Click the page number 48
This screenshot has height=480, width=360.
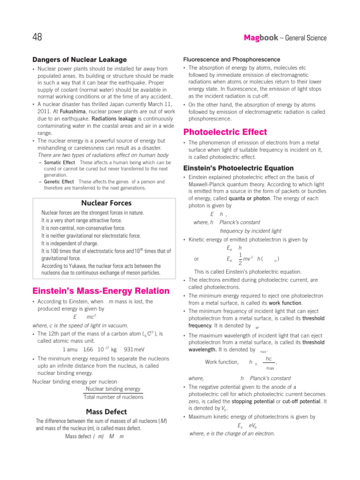[x=37, y=37]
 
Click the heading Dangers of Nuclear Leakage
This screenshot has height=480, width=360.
[x=79, y=60]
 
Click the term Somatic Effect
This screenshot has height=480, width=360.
[x=60, y=162]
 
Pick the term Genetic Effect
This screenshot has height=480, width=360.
[x=59, y=181]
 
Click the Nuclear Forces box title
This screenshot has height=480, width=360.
[x=106, y=203]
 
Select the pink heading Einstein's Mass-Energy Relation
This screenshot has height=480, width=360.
[x=101, y=291]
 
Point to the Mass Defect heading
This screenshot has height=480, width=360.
[x=106, y=412]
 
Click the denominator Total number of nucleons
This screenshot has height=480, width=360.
[x=113, y=397]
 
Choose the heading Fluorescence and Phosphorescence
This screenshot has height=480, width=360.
[x=231, y=60]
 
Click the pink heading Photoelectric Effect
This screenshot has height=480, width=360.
[x=225, y=132]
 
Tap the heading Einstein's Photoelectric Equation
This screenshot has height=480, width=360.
[x=238, y=168]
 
